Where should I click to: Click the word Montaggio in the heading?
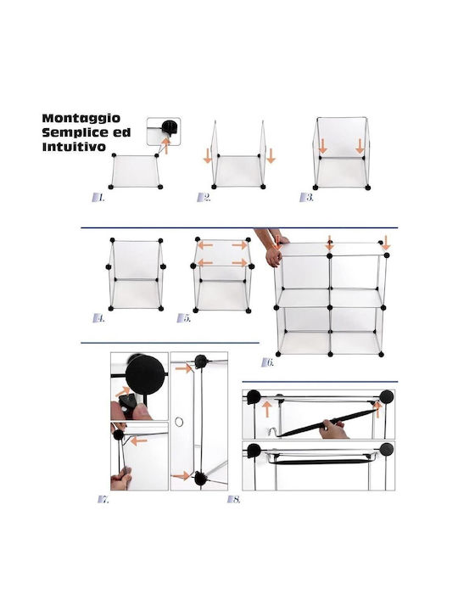(81, 119)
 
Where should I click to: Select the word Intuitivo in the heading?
(74, 147)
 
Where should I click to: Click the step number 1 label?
(98, 198)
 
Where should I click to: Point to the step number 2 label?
(204, 197)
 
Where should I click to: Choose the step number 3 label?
(306, 197)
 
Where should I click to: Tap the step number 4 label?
(99, 318)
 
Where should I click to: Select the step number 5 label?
(184, 318)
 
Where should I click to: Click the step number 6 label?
(267, 362)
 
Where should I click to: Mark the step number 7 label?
(103, 499)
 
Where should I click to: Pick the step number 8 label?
(234, 499)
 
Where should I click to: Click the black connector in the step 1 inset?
(170, 126)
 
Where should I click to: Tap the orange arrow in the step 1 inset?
(166, 145)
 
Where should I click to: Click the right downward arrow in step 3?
(360, 146)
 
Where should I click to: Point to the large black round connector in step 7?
(145, 375)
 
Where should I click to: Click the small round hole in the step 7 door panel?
(179, 422)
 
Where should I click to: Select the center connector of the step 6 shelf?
(330, 308)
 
